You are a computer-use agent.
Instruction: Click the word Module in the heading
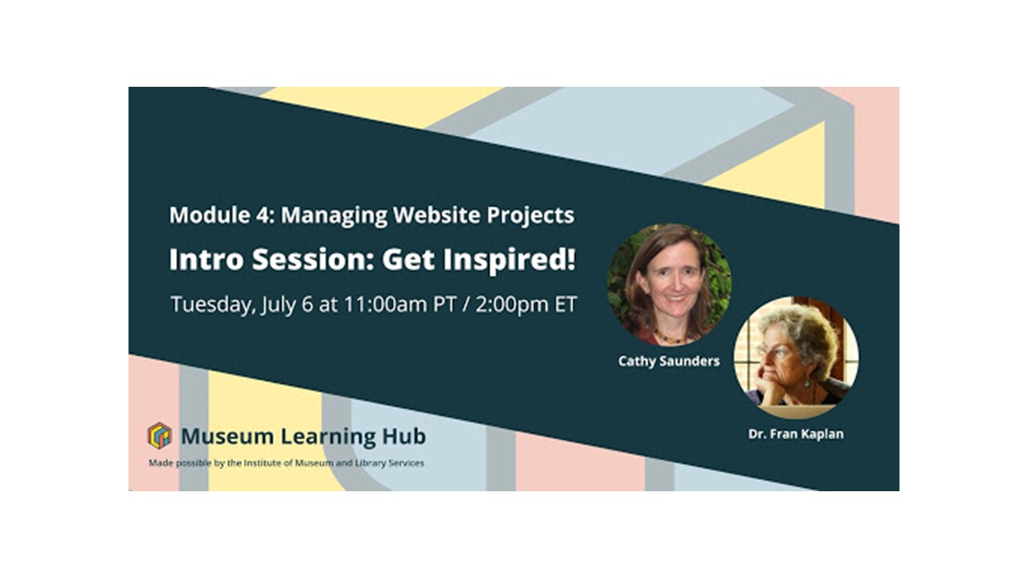[x=210, y=214]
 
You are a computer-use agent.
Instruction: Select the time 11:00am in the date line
[x=385, y=304]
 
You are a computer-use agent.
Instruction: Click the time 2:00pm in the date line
[x=512, y=305]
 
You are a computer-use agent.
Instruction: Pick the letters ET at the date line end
[x=565, y=304]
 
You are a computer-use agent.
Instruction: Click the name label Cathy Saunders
[x=669, y=361]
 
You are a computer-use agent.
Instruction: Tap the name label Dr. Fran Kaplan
[x=796, y=434]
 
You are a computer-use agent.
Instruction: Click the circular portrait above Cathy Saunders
[x=670, y=285]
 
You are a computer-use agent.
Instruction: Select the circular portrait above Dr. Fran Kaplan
[x=796, y=358]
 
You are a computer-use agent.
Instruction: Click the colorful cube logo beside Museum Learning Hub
[x=159, y=435]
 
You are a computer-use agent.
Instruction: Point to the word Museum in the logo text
[x=227, y=436]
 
